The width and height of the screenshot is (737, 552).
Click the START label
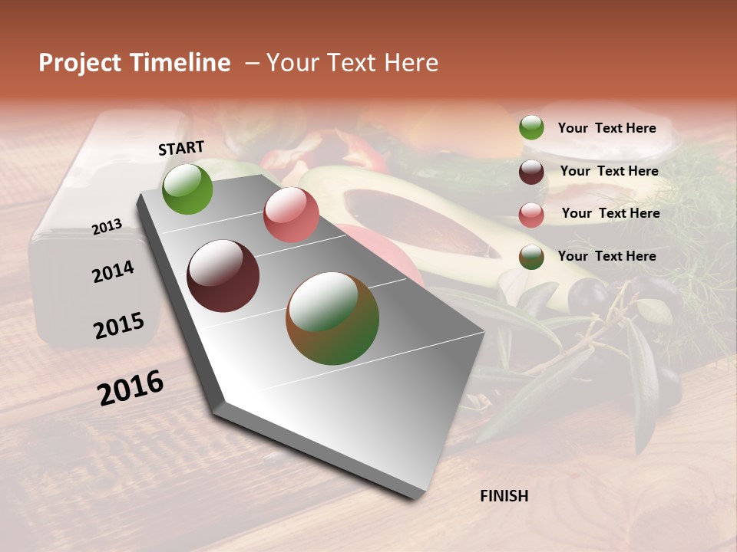click(181, 148)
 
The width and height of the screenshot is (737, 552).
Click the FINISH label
click(504, 496)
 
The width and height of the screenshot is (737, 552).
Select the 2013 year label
click(107, 227)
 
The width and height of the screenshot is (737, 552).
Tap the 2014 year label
click(113, 271)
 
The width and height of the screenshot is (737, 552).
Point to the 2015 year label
click(119, 326)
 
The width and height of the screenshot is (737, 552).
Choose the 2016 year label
click(131, 388)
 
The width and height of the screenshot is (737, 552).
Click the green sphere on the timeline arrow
click(187, 189)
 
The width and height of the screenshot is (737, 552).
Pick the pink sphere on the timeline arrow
click(290, 215)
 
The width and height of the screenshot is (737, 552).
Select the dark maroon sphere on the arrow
click(223, 276)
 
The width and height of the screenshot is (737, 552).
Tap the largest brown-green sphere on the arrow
click(332, 318)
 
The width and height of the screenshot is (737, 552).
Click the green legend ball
click(531, 127)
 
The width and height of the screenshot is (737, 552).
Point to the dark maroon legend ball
click(531, 172)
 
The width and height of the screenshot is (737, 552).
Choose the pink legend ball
click(531, 215)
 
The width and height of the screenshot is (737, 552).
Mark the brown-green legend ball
click(531, 257)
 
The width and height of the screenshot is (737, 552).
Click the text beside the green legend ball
click(606, 128)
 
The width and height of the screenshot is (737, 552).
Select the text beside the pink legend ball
click(610, 213)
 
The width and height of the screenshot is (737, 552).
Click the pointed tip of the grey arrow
click(415, 495)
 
